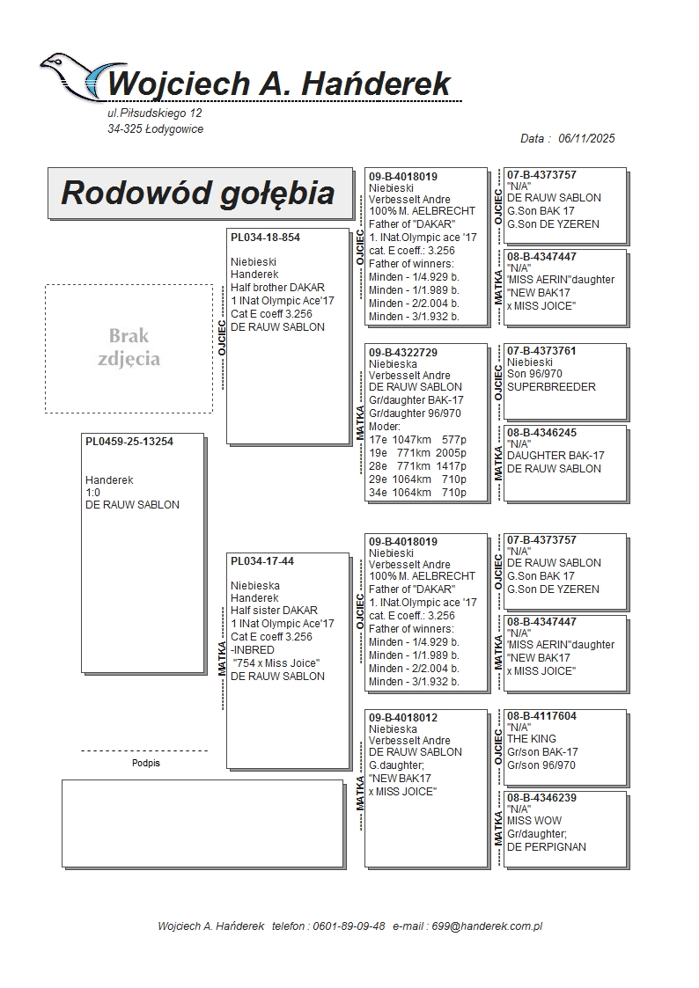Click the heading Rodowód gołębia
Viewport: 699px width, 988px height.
point(197,193)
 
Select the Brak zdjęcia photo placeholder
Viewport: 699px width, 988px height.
point(129,348)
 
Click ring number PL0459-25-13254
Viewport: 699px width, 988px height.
point(129,442)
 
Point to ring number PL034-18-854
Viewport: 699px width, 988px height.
point(265,238)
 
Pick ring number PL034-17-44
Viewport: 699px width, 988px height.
point(262,561)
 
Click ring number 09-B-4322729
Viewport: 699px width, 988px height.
point(403,352)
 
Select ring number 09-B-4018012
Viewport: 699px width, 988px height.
point(403,717)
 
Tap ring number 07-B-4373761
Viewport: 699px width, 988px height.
point(541,350)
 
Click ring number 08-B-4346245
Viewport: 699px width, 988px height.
point(541,433)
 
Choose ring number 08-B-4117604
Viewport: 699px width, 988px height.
point(541,716)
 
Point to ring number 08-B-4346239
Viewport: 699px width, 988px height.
point(541,798)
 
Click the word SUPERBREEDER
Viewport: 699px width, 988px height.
point(551,387)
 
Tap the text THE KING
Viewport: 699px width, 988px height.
point(532,739)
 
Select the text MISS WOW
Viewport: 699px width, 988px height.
point(533,821)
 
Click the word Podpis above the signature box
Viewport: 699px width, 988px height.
point(146,764)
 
